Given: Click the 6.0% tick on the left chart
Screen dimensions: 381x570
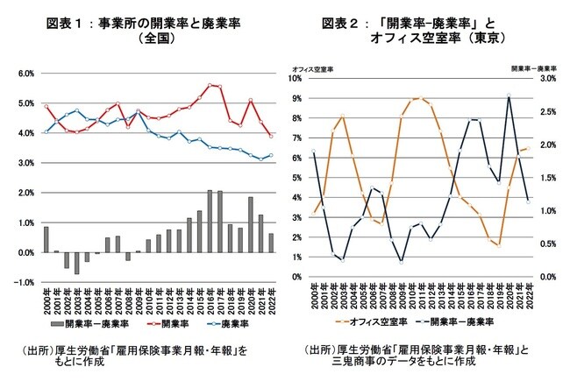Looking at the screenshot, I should coord(27,74).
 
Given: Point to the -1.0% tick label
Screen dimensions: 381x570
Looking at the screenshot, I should coord(25,282).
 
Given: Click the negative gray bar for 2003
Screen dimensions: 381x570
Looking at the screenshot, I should coord(76,263).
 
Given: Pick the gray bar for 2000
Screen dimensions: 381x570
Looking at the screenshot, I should coord(46,239).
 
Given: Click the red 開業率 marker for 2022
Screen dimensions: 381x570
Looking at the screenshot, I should coord(271,136).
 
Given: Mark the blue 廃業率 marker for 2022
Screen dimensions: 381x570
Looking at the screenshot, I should coord(271,155).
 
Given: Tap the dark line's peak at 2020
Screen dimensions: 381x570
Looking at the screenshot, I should coord(509,95).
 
